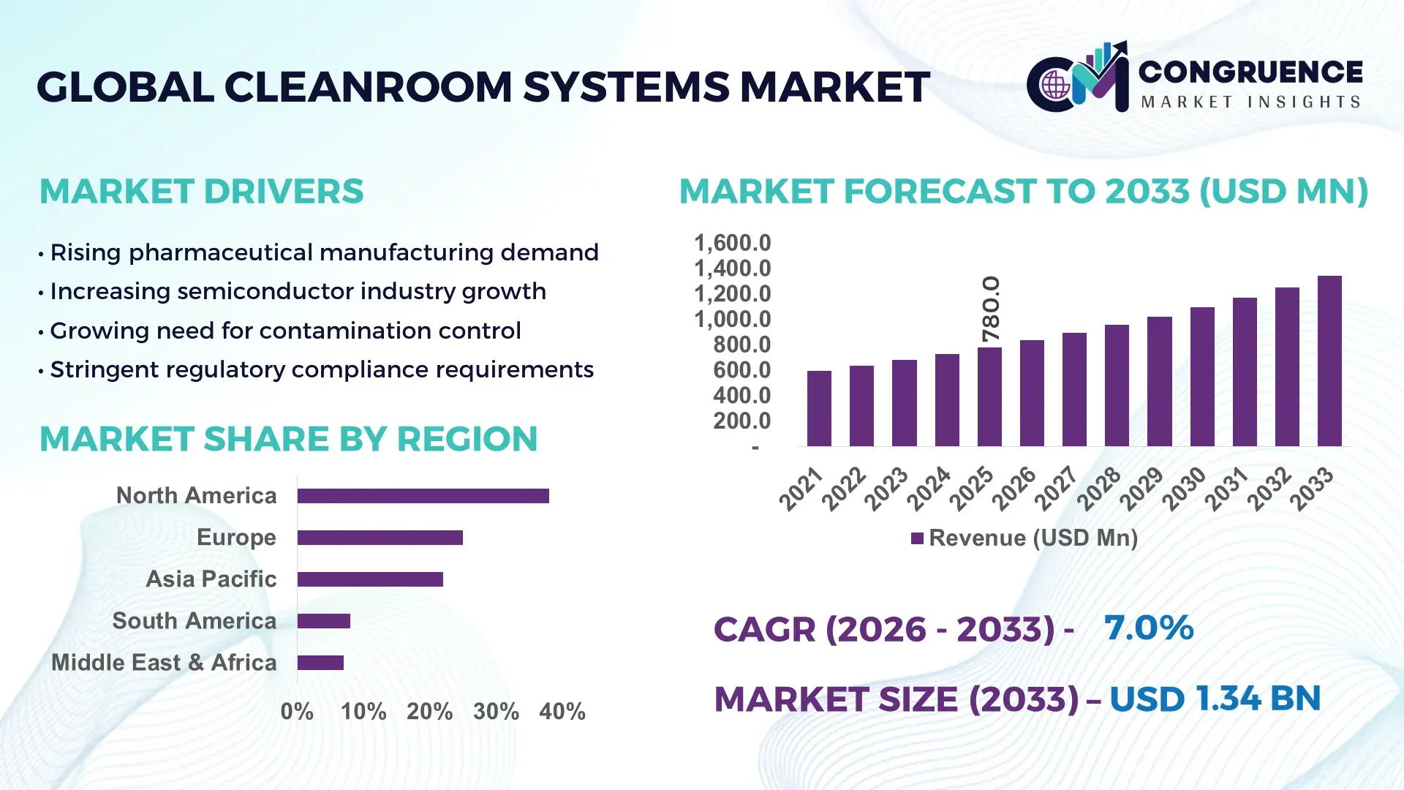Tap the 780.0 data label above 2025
990,309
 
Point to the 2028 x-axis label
1098,489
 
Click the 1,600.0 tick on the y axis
732,243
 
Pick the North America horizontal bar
423,496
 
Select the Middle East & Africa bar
320,663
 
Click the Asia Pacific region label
211,579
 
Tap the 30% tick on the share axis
496,711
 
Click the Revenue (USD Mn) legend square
917,539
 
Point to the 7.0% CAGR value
1148,628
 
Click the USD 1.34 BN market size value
1215,699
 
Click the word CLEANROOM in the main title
369,87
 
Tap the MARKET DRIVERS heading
201,192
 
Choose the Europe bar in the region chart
380,538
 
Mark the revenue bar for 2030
1202,376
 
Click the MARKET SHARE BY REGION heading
288,439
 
